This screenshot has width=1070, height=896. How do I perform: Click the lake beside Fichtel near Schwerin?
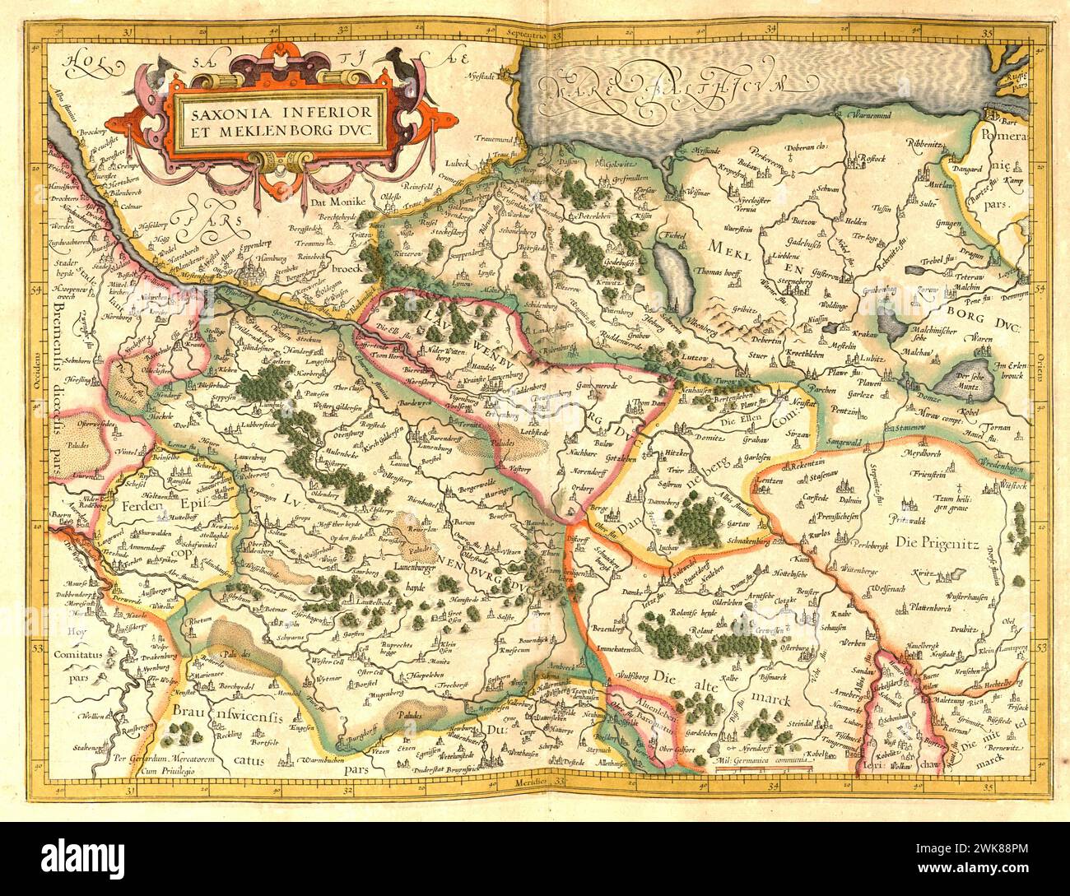672,271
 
